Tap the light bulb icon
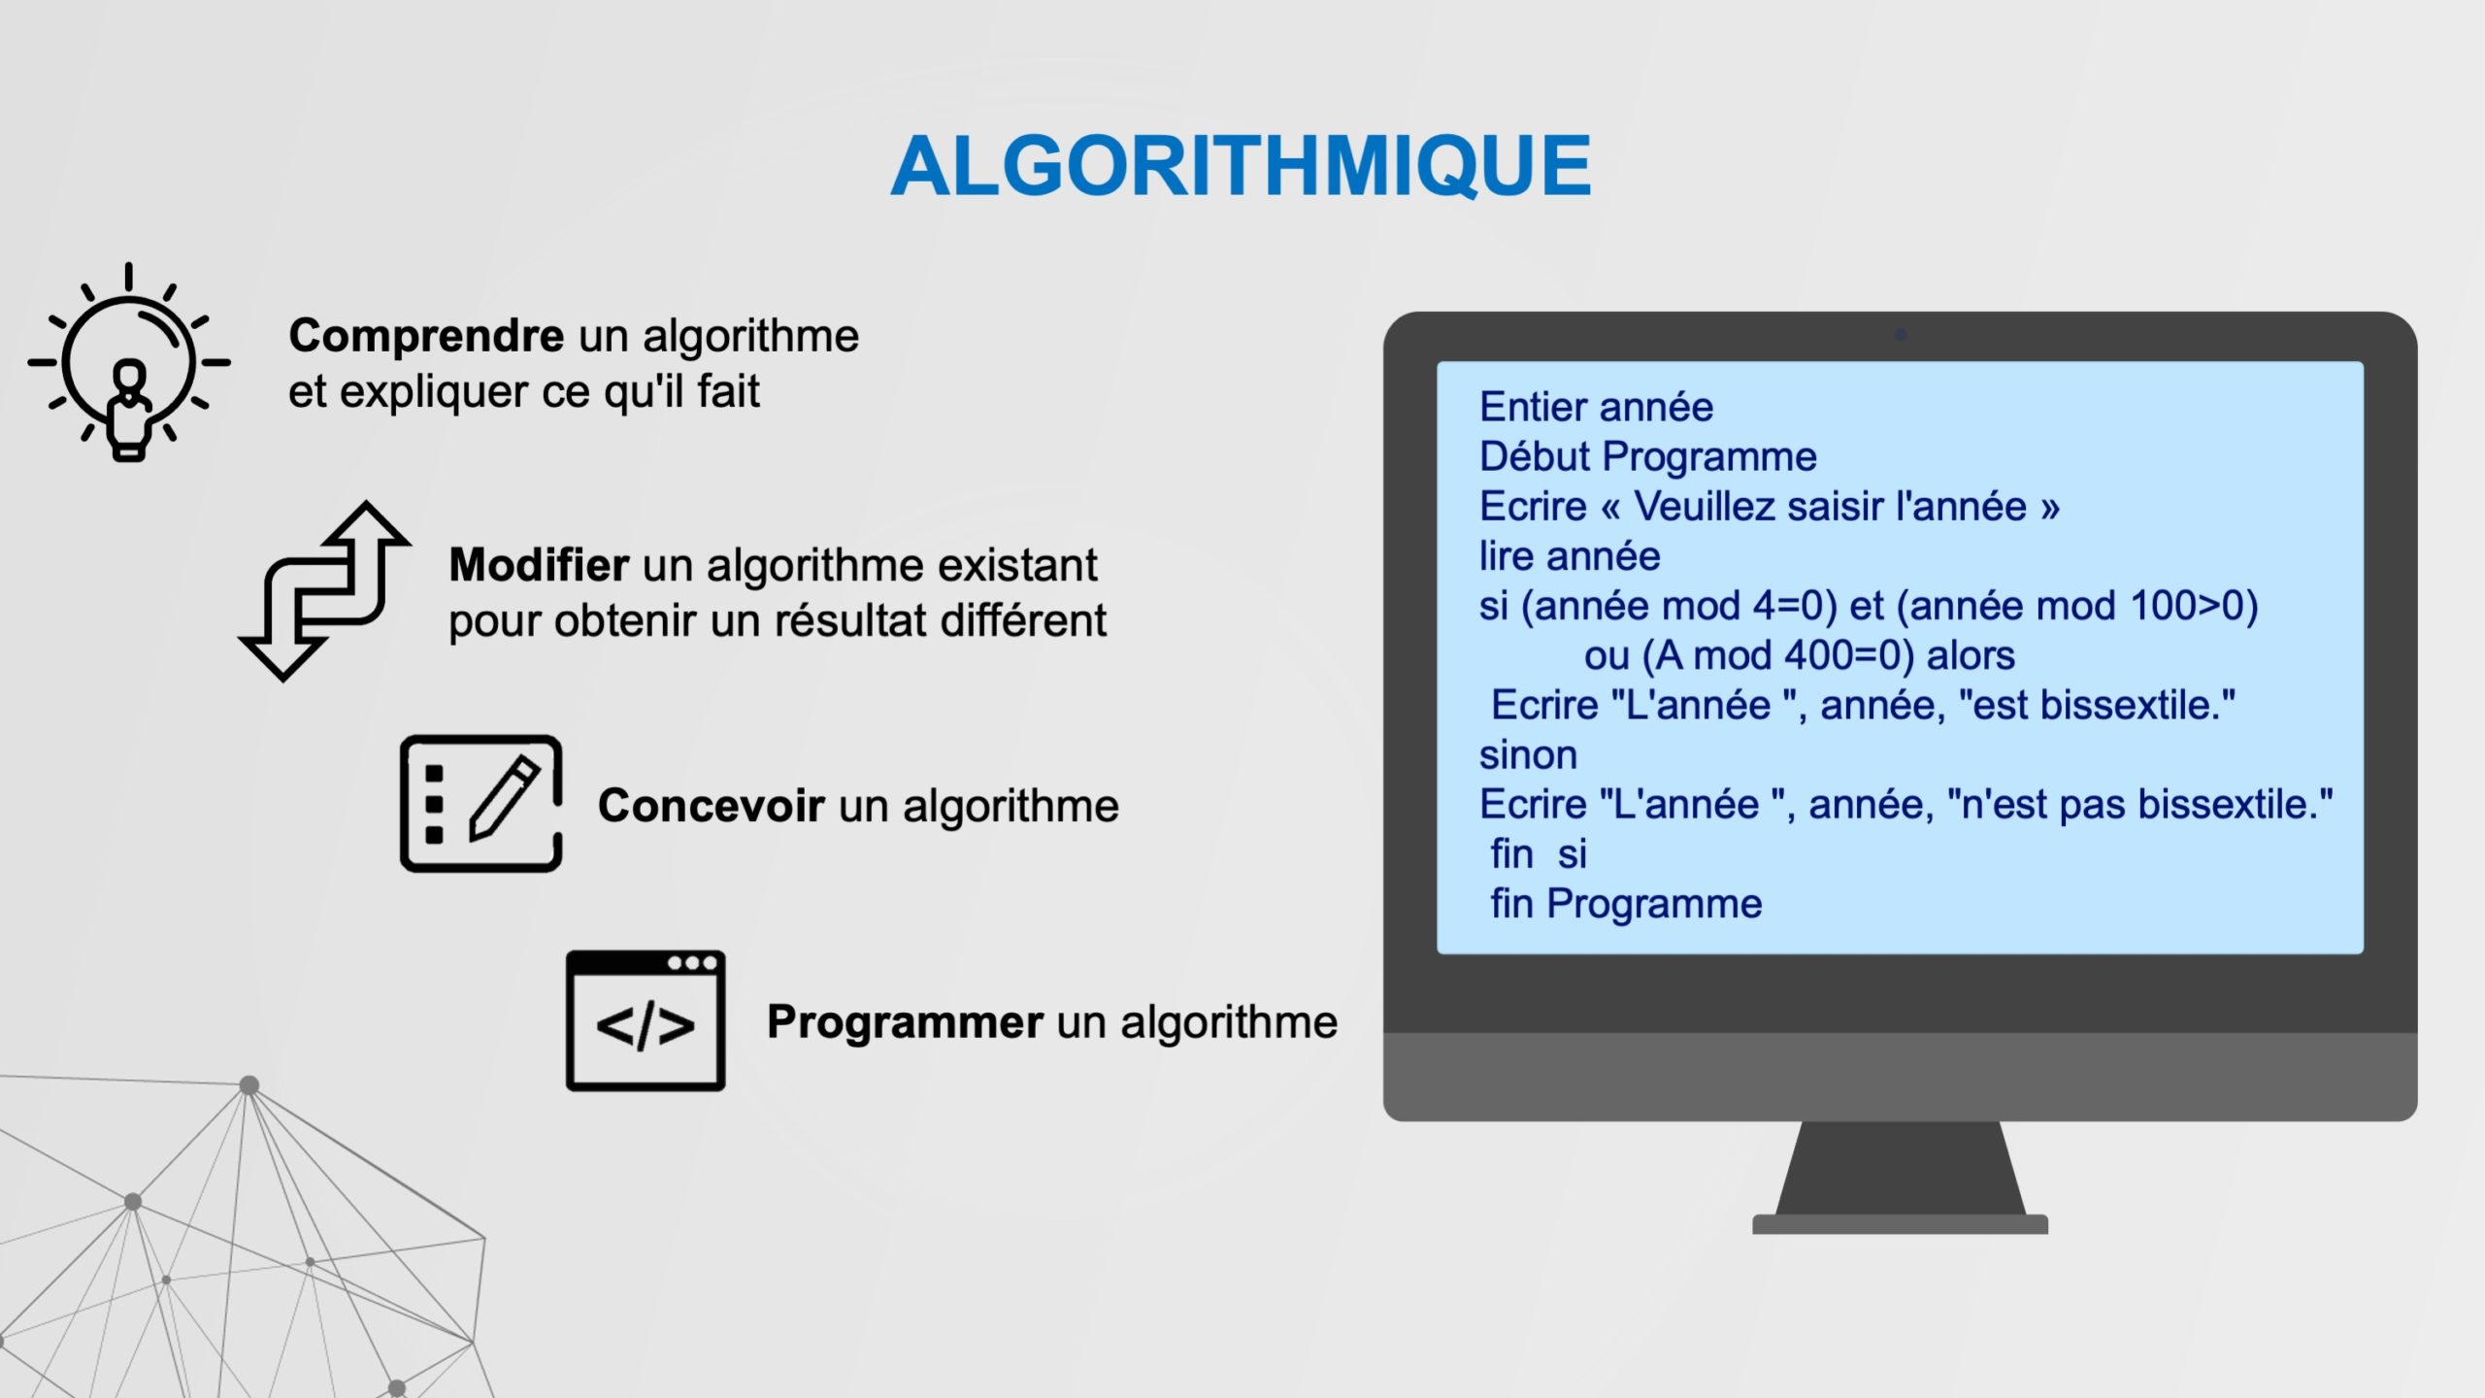(x=129, y=362)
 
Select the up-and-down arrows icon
(x=324, y=590)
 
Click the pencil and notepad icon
(x=481, y=803)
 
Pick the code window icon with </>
(x=646, y=1020)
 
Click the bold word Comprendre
(x=426, y=336)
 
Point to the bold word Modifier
(x=539, y=564)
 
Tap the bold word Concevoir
(x=712, y=806)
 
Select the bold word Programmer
(x=906, y=1022)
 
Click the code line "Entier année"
(x=1596, y=407)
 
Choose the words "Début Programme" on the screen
(x=1647, y=456)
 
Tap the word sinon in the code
(x=1528, y=755)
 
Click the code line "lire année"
(x=1570, y=556)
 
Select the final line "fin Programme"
(x=1626, y=904)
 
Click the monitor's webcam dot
(x=1901, y=334)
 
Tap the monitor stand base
(x=1900, y=1224)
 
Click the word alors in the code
(x=1971, y=655)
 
